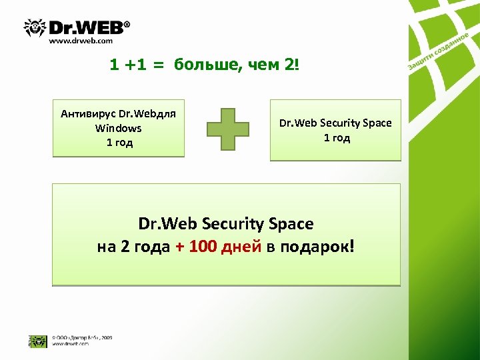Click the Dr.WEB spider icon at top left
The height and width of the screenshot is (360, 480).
(x=35, y=28)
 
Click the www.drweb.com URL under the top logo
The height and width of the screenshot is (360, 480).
(x=81, y=41)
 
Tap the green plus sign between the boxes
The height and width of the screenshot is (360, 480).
(x=227, y=128)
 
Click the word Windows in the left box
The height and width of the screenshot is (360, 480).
(x=119, y=128)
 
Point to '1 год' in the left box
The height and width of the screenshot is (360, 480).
(x=119, y=143)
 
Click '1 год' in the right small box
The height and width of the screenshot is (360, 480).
(x=336, y=138)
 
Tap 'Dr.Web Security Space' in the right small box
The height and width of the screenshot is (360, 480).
(x=335, y=123)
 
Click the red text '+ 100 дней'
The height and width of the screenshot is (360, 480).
(x=219, y=247)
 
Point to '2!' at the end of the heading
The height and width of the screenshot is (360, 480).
(x=295, y=65)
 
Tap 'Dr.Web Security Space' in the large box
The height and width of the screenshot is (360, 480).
(x=225, y=223)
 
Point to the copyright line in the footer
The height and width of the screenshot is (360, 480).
(x=82, y=338)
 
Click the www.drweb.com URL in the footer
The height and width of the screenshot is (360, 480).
(x=71, y=344)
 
